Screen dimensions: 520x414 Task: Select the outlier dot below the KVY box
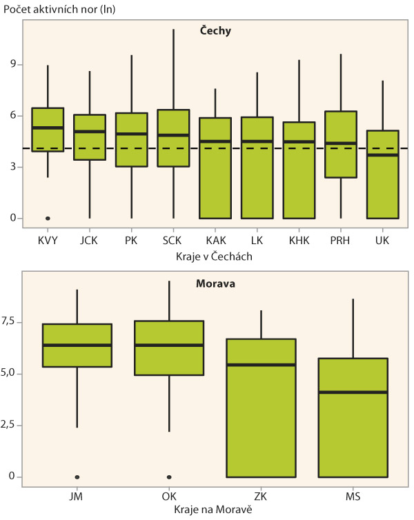(48, 218)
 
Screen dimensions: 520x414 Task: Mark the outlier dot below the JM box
(77, 477)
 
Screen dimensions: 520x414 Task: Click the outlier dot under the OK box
(169, 477)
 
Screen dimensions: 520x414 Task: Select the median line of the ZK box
(262, 365)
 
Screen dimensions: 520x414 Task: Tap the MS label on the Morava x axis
(353, 496)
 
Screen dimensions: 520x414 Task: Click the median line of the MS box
(353, 392)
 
